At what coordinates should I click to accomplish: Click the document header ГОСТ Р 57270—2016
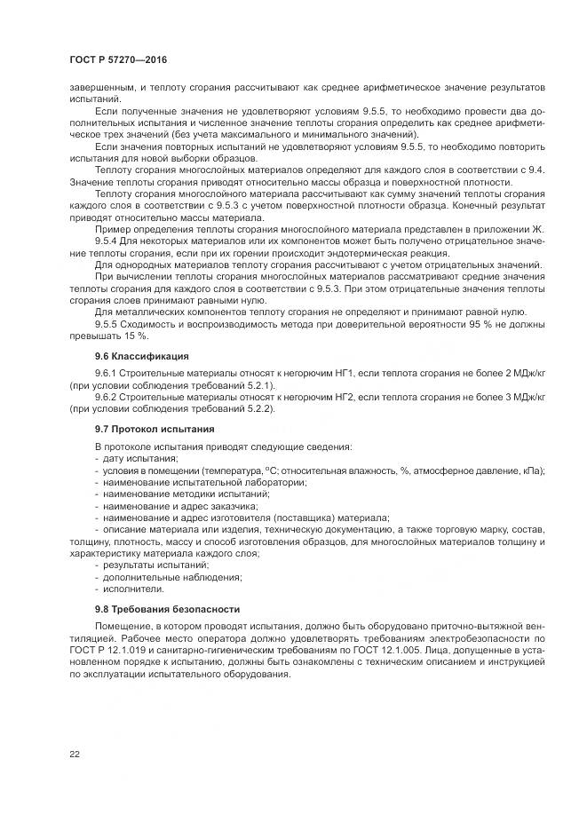click(118, 59)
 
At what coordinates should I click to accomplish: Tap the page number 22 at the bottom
click(75, 754)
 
